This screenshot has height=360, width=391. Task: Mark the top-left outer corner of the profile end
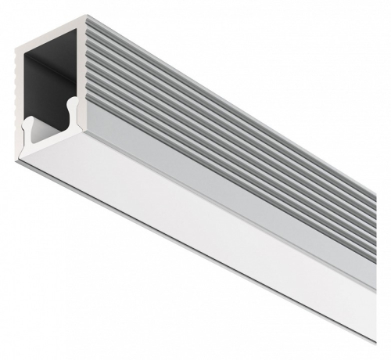[x=15, y=50]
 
